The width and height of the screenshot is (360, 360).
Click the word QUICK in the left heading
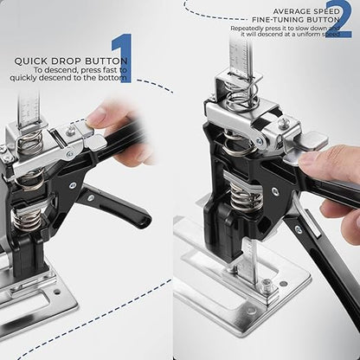point(32,61)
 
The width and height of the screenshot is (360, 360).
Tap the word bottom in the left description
point(113,78)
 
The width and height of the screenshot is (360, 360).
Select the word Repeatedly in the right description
point(247,27)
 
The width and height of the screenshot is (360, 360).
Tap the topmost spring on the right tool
point(240,93)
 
